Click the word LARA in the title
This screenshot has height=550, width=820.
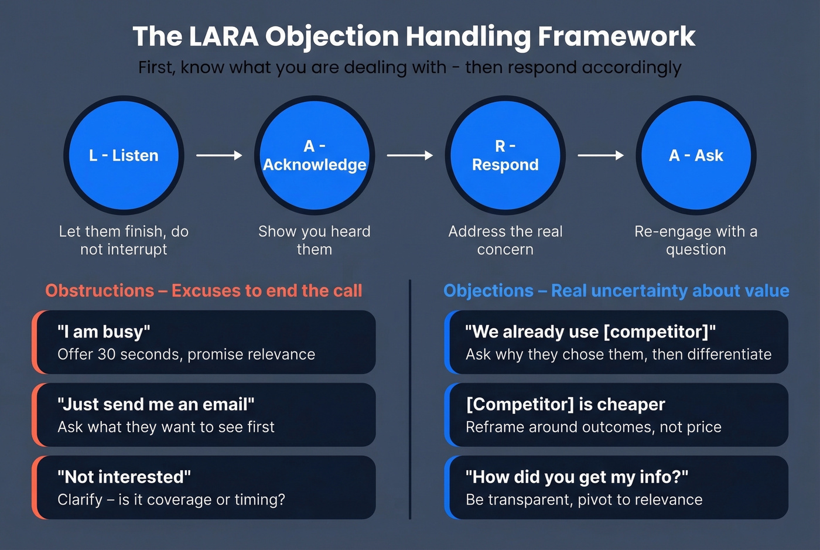(x=224, y=36)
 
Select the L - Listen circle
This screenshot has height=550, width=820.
(x=124, y=155)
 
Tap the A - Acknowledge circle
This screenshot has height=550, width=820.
(x=315, y=155)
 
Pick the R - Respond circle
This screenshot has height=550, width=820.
(x=505, y=155)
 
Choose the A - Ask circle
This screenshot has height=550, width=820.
(x=696, y=155)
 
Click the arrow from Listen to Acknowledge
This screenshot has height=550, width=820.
(x=219, y=155)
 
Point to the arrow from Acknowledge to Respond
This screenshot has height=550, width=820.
(x=410, y=155)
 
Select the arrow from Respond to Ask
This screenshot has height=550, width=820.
(x=600, y=155)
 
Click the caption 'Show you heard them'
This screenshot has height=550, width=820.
(x=315, y=240)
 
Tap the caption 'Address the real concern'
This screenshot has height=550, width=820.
(x=505, y=240)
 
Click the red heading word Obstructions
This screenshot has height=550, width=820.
(x=100, y=291)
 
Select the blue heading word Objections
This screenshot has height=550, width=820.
(x=488, y=291)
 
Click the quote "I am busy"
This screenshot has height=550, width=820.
(x=104, y=332)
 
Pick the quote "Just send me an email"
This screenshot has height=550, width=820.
(x=156, y=404)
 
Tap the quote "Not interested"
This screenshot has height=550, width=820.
(x=124, y=477)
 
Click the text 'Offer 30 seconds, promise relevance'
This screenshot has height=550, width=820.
(x=186, y=354)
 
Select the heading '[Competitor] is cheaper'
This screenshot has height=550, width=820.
(x=565, y=404)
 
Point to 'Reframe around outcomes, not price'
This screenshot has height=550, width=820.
(x=593, y=427)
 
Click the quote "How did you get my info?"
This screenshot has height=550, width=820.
(x=577, y=477)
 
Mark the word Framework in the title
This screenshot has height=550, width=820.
(x=616, y=36)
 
